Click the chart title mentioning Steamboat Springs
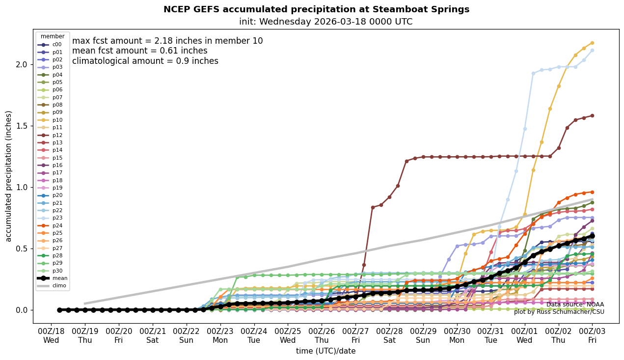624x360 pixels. click(316, 9)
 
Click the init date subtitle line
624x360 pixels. click(326, 22)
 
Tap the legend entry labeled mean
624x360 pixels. click(53, 278)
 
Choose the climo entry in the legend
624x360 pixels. click(53, 285)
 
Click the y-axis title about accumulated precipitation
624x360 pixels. click(8, 176)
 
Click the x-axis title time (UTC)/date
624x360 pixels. click(326, 351)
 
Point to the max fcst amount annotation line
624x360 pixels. click(167, 41)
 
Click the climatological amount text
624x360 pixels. click(145, 61)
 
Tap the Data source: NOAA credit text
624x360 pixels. click(575, 305)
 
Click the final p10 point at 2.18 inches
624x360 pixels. click(592, 43)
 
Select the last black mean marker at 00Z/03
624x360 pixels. click(592, 236)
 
